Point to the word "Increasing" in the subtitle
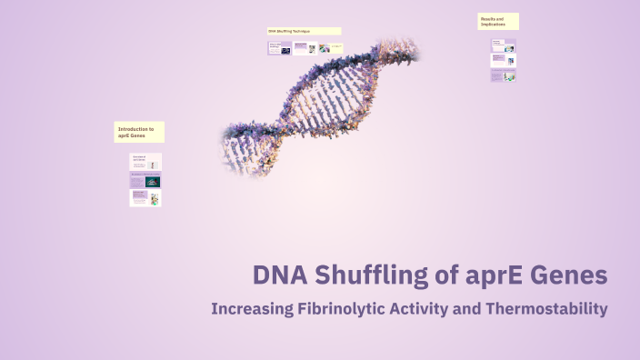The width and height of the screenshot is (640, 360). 251,309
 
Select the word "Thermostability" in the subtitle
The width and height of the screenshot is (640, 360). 546,309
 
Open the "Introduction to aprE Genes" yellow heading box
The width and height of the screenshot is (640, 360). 139,133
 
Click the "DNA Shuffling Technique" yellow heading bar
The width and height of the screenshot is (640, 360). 304,31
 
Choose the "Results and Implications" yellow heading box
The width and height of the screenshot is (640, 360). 498,21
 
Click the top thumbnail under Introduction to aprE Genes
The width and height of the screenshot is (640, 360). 145,162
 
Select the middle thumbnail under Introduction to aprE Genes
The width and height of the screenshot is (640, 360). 145,180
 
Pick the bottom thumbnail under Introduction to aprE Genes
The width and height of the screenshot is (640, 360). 145,197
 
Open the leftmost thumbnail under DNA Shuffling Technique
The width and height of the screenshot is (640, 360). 279,48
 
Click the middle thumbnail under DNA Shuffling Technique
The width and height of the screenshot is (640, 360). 305,48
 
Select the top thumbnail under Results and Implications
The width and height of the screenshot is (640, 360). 504,45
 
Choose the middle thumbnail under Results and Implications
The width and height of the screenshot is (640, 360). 504,61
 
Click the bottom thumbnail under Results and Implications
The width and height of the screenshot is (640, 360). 504,76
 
